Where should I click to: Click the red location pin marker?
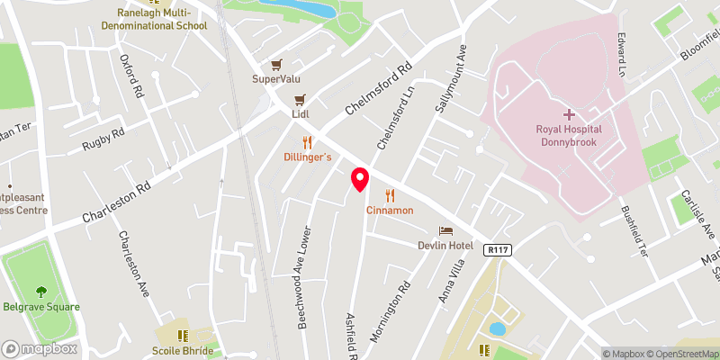pos(360,179)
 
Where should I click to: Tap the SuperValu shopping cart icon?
pos(279,65)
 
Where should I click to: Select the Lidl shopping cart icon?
pos(301,100)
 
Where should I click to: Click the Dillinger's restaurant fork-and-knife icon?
pos(307,142)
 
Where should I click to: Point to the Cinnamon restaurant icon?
pos(390,194)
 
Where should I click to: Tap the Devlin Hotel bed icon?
pos(445,231)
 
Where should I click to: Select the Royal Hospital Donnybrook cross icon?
pos(568,114)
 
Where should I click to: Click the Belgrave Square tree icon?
pos(40,291)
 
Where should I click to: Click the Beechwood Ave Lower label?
pos(305,275)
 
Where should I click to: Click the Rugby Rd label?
pos(103,139)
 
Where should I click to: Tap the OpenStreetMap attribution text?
pos(682,354)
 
